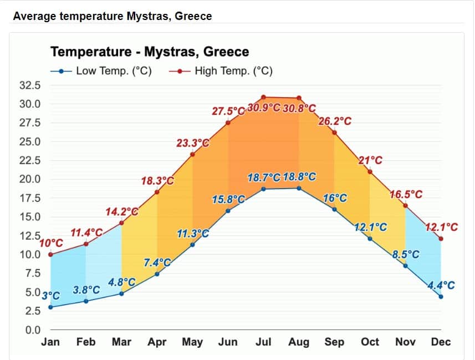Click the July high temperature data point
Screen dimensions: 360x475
263,97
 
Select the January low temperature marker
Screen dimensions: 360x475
50,307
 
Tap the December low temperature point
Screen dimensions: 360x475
441,297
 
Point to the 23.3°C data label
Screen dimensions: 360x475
193,143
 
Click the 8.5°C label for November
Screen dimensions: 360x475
406,255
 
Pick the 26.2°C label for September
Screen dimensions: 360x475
335,121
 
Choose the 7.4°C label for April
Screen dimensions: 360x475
157,262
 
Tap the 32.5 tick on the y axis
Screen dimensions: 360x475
30,85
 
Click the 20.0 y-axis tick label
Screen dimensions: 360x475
30,179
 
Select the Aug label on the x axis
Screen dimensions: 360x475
299,342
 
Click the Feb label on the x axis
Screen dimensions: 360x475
86,342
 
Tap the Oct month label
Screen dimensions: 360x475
370,342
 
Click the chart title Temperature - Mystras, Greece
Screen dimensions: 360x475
150,52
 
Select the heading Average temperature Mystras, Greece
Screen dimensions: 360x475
112,16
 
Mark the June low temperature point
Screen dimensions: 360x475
228,211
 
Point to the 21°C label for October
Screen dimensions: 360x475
370,161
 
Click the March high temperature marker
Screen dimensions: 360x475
121,223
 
